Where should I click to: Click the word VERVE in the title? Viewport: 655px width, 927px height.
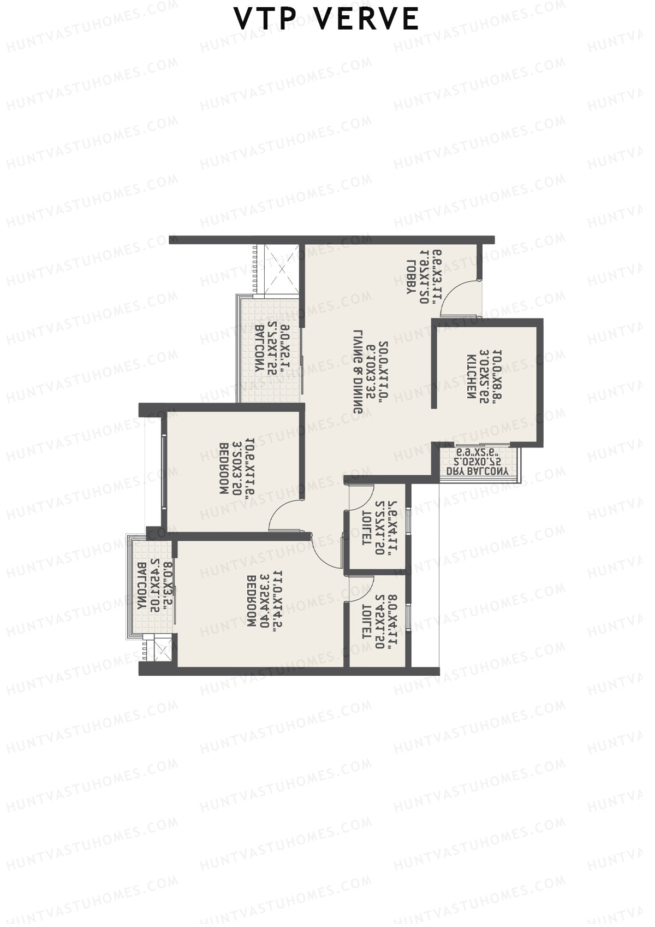tap(367, 19)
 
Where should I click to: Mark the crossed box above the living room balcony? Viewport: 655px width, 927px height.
tap(282, 269)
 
